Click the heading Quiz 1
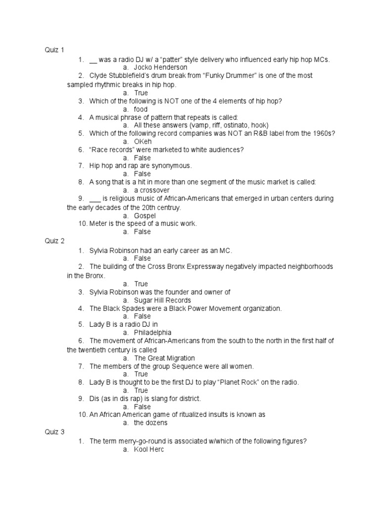[x=55, y=50]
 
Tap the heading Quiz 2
[x=55, y=241]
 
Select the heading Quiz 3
[x=55, y=432]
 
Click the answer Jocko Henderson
[x=161, y=67]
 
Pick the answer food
[x=141, y=109]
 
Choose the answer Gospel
[x=145, y=216]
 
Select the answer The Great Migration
[x=164, y=358]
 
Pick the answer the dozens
[x=151, y=423]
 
